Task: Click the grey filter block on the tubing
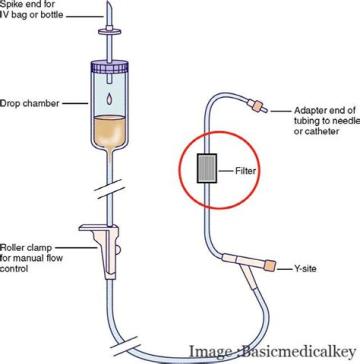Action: click(x=206, y=170)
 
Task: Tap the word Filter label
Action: click(x=245, y=171)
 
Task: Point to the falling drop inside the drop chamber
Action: click(x=109, y=100)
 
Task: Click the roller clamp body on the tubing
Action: click(x=107, y=250)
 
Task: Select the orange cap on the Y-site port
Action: click(x=269, y=265)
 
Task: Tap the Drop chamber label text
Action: click(x=29, y=104)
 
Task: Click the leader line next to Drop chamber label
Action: click(x=76, y=104)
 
